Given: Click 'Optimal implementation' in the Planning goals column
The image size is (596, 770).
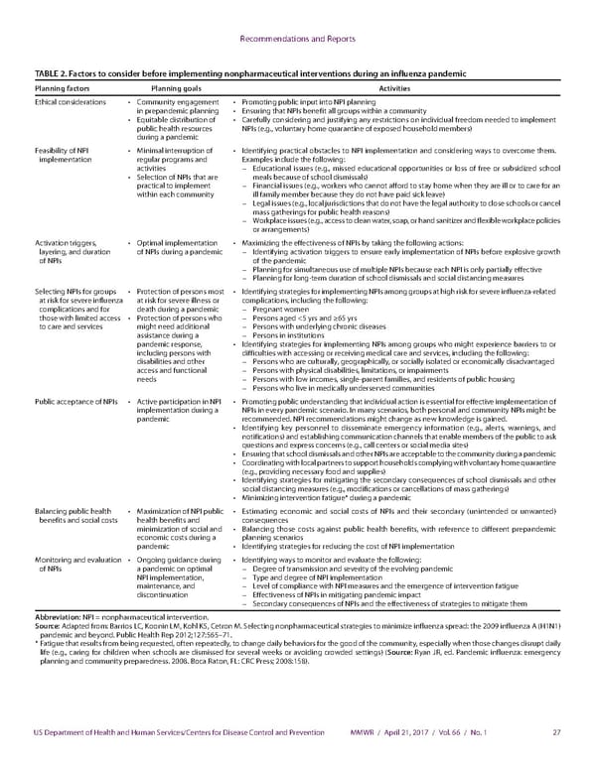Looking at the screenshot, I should [180, 241].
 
